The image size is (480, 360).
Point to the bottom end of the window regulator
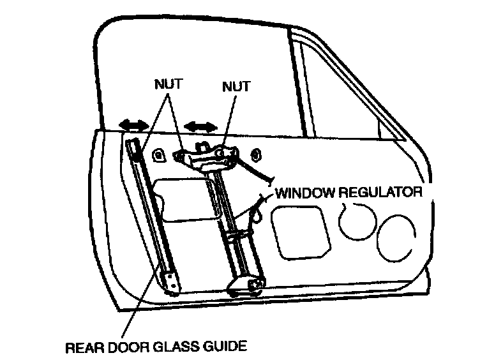[246, 283]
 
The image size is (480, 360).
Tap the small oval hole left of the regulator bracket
[157, 154]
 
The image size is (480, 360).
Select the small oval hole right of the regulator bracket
[256, 154]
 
